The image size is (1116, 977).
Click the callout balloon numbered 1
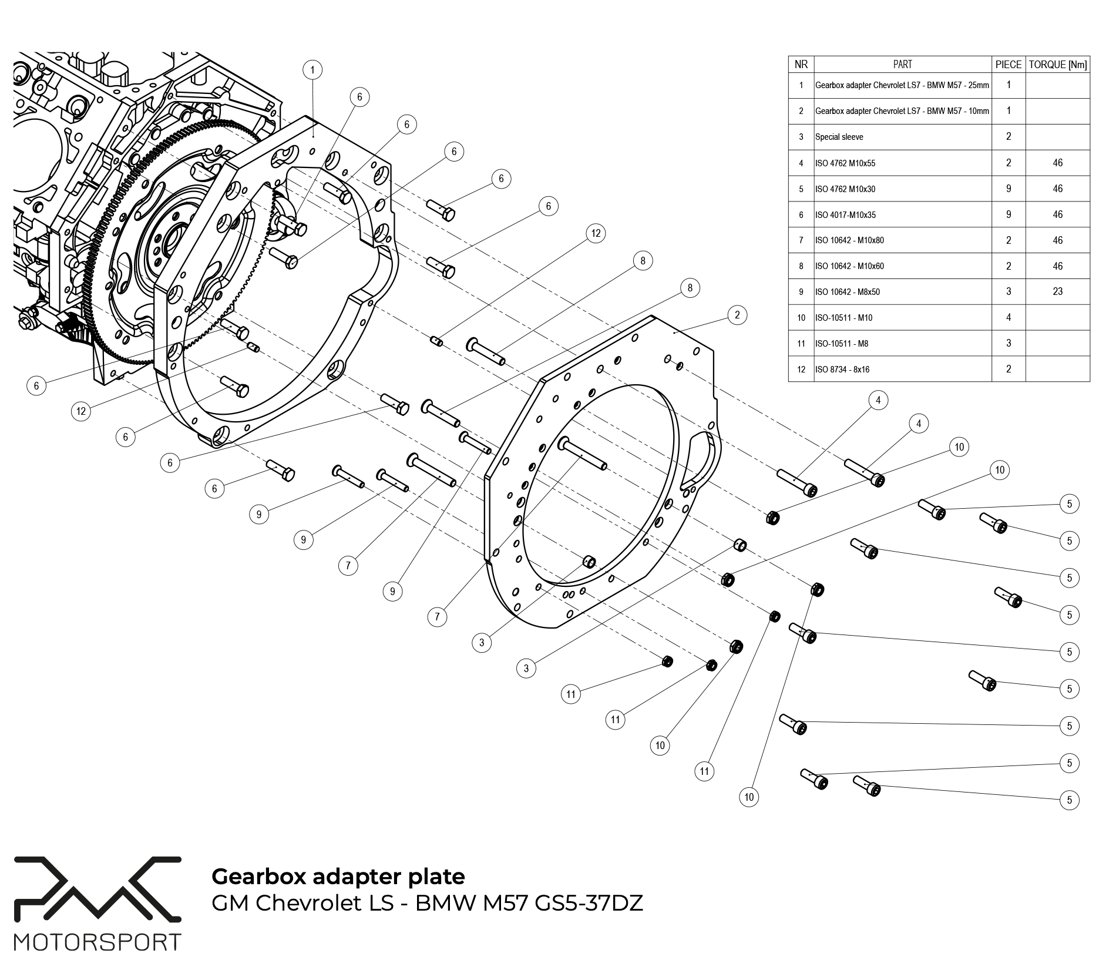click(x=312, y=70)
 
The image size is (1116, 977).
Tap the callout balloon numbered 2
click(x=737, y=315)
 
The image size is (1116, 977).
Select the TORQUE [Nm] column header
click(x=1057, y=65)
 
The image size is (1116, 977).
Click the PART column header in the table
click(x=902, y=65)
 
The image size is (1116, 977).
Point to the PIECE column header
click(x=1009, y=65)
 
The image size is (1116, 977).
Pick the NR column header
click(x=801, y=65)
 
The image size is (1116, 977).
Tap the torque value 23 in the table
click(x=1057, y=291)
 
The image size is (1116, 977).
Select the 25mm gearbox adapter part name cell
click(x=902, y=85)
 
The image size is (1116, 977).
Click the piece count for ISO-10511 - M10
click(x=1009, y=318)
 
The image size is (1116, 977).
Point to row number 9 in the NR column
click(x=801, y=292)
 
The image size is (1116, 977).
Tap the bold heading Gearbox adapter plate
click(x=338, y=876)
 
